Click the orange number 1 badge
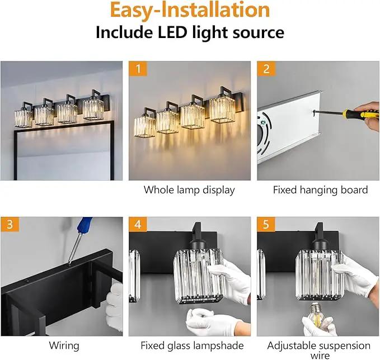click(138, 69)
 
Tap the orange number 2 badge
click(266, 69)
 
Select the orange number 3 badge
click(10, 224)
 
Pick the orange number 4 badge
click(138, 224)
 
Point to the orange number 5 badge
click(266, 224)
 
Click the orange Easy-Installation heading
click(190, 10)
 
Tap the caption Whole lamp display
click(189, 190)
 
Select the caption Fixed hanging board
click(320, 190)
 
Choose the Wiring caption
click(64, 345)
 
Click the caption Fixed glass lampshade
click(192, 345)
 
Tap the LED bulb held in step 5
click(317, 314)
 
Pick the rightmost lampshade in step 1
click(223, 110)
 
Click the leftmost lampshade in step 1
click(145, 127)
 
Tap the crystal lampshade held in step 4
click(198, 276)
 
